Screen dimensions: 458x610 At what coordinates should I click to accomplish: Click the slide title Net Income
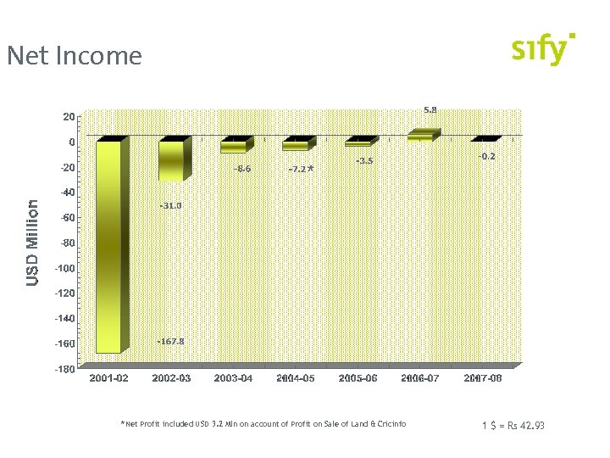click(75, 56)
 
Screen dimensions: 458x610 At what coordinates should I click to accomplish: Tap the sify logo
click(543, 50)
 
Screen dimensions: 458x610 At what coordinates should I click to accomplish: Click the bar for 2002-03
click(171, 160)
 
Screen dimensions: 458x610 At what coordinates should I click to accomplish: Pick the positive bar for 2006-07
click(421, 134)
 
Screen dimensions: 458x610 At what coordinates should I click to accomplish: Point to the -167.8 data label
click(170, 341)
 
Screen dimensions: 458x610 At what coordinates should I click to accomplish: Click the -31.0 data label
click(169, 206)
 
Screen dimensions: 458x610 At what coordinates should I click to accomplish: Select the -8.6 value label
click(242, 169)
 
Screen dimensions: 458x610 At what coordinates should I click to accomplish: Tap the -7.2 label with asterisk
click(302, 170)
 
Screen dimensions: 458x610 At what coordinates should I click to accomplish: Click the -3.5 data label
click(364, 160)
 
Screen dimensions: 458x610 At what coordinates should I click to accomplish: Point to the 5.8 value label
click(430, 109)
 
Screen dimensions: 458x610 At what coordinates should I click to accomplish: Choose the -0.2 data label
click(486, 156)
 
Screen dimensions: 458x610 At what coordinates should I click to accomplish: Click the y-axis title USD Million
click(32, 242)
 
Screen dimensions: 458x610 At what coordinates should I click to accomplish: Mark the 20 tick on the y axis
click(69, 116)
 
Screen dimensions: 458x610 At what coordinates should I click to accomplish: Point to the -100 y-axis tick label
click(65, 268)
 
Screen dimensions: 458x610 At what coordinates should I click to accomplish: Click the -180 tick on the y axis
click(65, 370)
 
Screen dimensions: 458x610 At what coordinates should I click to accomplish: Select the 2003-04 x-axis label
click(233, 378)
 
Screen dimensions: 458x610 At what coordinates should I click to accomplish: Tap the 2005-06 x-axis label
click(358, 378)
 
